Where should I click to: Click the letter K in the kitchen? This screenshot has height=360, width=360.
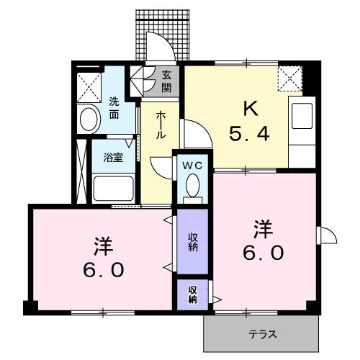(249, 109)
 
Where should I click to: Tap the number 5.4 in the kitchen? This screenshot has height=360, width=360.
(249, 134)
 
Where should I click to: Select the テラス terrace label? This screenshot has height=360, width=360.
(263, 334)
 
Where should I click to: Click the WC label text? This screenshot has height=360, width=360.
(192, 165)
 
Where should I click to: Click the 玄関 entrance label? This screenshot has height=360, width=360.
(166, 81)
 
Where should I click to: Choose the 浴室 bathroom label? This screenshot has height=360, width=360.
(112, 158)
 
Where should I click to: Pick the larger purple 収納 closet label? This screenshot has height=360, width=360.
(193, 243)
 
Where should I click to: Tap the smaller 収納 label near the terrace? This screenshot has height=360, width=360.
(193, 294)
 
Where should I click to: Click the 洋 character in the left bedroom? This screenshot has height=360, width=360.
(102, 245)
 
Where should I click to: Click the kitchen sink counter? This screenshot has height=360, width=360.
(300, 126)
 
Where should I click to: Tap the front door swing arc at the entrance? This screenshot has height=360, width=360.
(159, 45)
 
